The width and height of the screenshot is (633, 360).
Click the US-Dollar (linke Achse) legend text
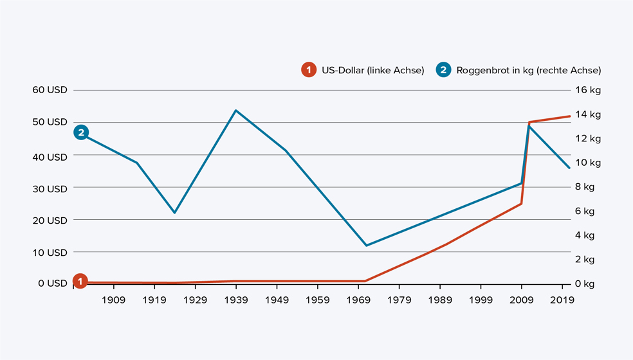point(372,70)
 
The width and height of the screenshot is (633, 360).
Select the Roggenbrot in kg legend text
point(528,70)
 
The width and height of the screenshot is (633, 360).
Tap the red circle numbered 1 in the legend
point(309,70)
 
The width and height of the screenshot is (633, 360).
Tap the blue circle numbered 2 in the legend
point(443,70)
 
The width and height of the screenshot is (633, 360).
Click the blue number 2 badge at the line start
point(80,132)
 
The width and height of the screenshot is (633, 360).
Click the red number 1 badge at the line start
point(80,281)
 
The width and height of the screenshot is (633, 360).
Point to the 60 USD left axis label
point(50,89)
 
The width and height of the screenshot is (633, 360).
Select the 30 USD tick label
point(50,188)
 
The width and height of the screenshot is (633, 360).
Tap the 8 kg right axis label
point(587,187)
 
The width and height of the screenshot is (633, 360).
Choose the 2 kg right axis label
point(587,259)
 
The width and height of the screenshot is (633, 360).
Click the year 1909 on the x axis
point(113,300)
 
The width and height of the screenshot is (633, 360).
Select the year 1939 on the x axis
point(236,300)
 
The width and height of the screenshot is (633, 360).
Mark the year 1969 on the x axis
point(358,300)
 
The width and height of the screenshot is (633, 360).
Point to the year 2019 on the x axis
point(562,300)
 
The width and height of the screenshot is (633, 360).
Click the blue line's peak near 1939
point(236,111)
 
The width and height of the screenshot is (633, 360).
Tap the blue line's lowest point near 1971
point(366,246)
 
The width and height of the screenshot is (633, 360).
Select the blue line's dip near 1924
point(174,213)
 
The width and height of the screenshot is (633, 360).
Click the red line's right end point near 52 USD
point(569,116)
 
